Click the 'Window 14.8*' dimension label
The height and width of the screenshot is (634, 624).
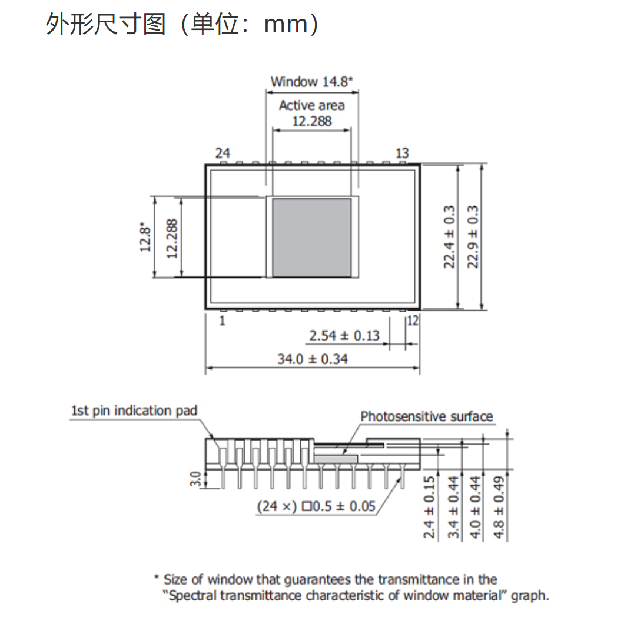coord(311,82)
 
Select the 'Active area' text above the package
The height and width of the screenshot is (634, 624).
coord(311,105)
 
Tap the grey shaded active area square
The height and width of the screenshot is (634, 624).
coord(311,238)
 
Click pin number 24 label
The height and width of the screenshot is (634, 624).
coord(223,154)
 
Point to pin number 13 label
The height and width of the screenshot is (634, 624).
coord(402,154)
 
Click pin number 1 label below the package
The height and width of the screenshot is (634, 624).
coord(222,321)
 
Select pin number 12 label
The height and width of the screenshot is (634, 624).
coord(412,321)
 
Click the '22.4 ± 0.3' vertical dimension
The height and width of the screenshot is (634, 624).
coord(449,237)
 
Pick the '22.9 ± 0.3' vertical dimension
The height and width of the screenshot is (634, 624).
coord(473,237)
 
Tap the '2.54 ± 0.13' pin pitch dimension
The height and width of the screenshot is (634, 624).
coord(344,336)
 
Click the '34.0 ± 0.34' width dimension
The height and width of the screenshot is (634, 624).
coord(313,359)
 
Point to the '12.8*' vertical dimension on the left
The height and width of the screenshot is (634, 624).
coord(145,237)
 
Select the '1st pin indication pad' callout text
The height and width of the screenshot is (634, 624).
coord(134,411)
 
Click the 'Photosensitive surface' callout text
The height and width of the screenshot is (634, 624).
coord(427,416)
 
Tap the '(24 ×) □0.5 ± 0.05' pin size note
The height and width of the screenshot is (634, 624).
coord(317,506)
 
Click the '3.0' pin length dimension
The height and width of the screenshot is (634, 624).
coord(195,479)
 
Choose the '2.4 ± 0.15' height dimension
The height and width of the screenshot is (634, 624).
coord(429,507)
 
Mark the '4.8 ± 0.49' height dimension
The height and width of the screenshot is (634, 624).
coord(499,507)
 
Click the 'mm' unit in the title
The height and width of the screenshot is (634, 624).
coord(286,25)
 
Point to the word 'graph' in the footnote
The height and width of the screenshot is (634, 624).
coord(527,596)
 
